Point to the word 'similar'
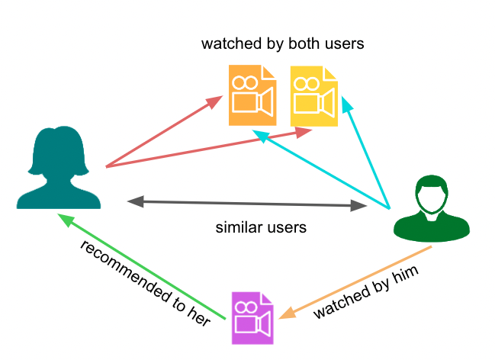(x=239, y=227)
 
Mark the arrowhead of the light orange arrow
(x=288, y=313)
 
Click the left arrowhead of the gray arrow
(x=135, y=201)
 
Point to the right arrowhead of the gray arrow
(x=358, y=206)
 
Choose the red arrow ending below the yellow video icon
(x=206, y=149)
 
